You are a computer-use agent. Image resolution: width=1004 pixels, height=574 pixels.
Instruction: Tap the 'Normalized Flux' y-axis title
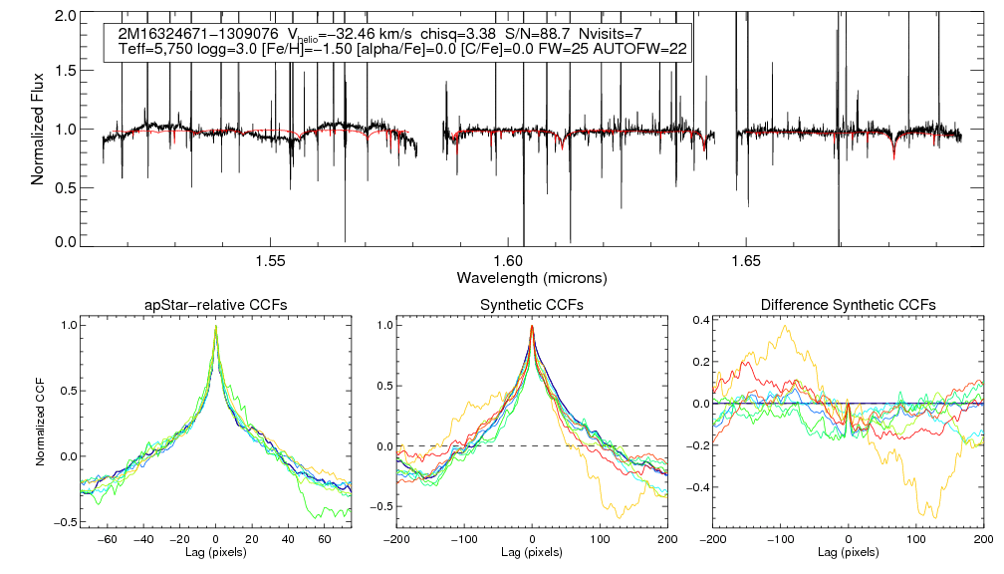coord(38,128)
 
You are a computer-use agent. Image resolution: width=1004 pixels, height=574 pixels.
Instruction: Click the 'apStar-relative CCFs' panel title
coord(215,305)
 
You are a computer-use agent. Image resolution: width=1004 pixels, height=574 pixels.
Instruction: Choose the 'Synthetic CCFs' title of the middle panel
coord(532,305)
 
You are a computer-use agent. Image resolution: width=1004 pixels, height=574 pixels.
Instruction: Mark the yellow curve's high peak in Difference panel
coord(787,326)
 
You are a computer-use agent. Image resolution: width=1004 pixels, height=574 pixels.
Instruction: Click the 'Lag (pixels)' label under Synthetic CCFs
coord(532,551)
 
